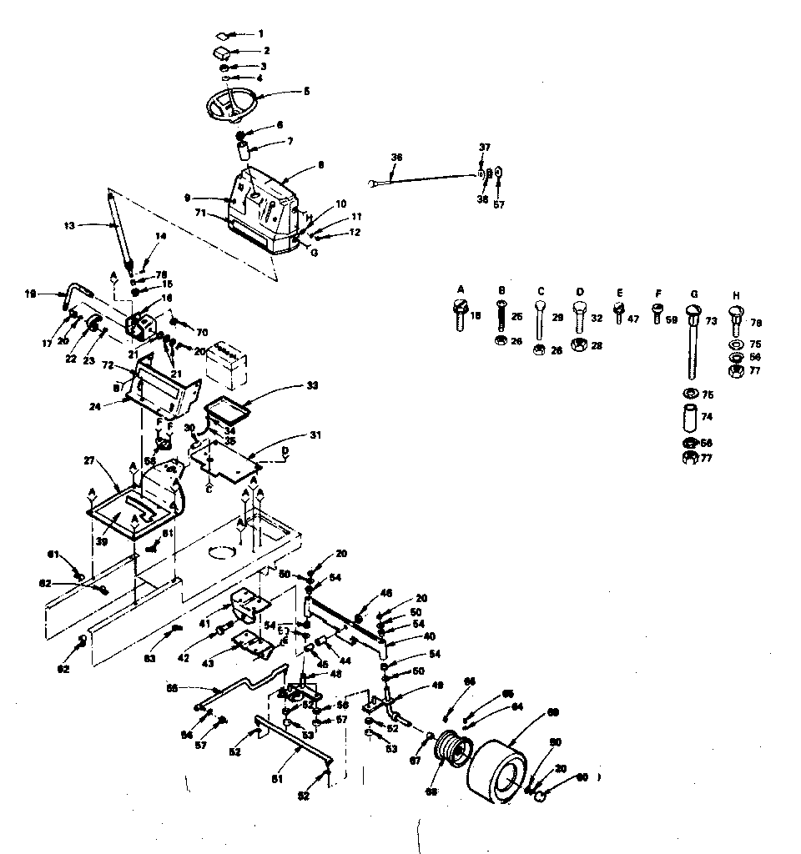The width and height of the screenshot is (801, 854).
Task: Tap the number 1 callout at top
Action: [x=260, y=33]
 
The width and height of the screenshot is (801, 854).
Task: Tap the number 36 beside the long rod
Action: [x=396, y=157]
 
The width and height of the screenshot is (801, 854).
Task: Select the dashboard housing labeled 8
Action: [x=264, y=208]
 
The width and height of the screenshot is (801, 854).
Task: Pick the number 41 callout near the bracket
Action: [x=204, y=623]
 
